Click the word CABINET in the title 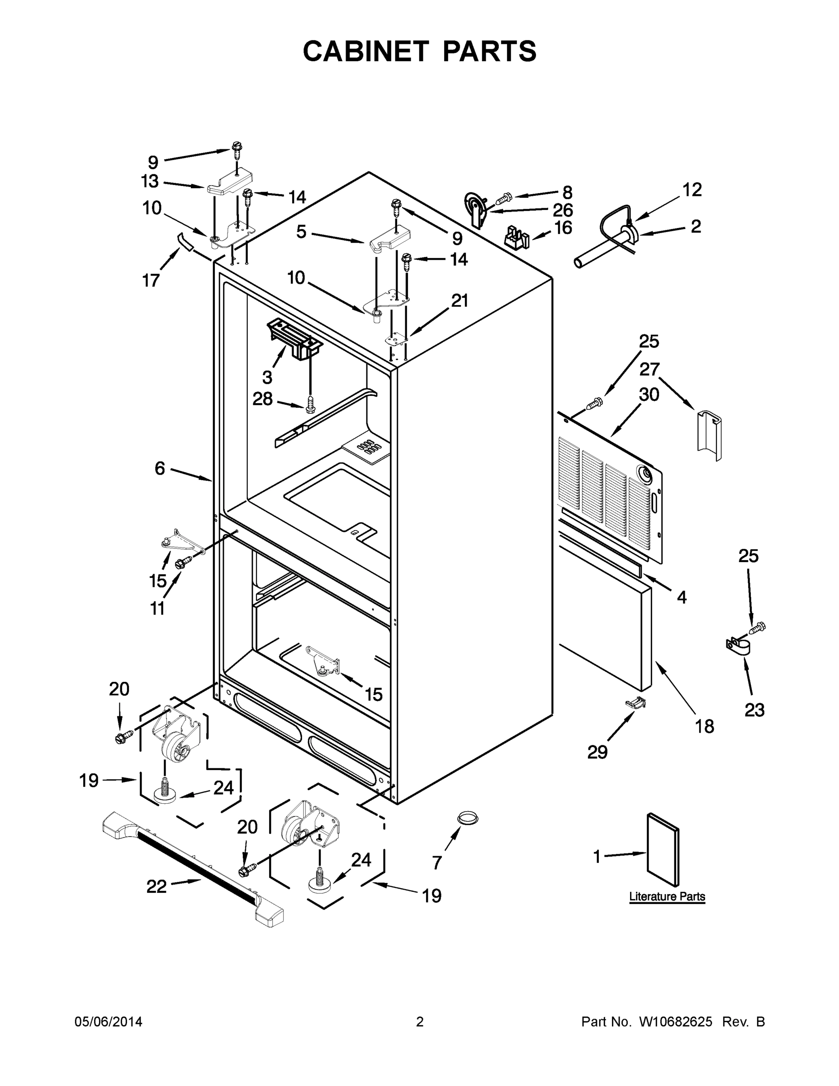(x=365, y=51)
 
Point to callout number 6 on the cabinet (x=160, y=468)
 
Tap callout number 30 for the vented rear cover (x=649, y=394)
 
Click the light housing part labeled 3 (x=293, y=338)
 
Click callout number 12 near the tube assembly (x=692, y=190)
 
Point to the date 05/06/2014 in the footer (x=109, y=1021)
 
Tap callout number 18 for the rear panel (x=705, y=726)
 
